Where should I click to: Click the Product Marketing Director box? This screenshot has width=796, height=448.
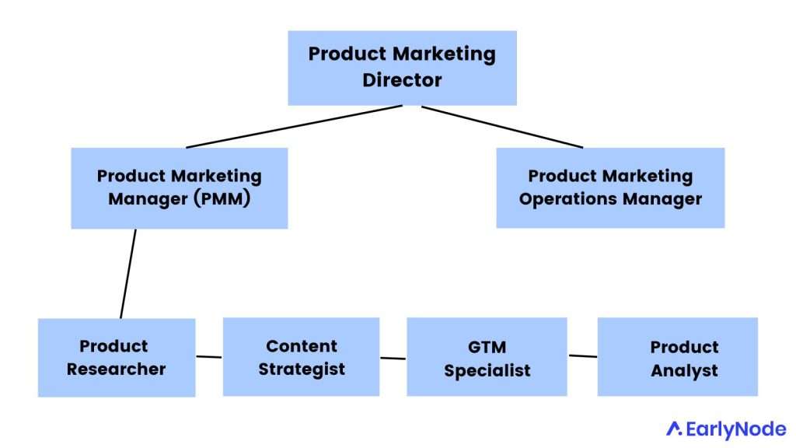coord(402,68)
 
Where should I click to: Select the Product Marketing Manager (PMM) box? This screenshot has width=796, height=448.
coord(179,187)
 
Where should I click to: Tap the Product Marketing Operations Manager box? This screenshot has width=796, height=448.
coord(609,187)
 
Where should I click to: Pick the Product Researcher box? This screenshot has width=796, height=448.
coord(117,357)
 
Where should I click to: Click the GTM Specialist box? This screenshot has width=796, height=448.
coord(487,357)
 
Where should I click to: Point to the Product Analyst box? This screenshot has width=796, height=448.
coord(677,357)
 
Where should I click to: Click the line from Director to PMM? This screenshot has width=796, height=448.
coord(295,126)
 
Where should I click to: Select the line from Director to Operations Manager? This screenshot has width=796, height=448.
coord(502,126)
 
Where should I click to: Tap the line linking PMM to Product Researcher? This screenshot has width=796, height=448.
coord(128,273)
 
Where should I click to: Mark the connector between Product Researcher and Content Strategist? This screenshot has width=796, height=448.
coord(209,357)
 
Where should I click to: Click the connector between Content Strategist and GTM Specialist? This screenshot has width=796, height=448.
coord(393,358)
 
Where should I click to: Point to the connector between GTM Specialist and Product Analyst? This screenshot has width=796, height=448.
coord(583,356)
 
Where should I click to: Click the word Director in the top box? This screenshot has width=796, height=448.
coord(402,79)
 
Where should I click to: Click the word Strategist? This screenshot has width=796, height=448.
coord(302,368)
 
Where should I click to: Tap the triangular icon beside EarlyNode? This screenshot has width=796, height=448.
coord(675,429)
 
